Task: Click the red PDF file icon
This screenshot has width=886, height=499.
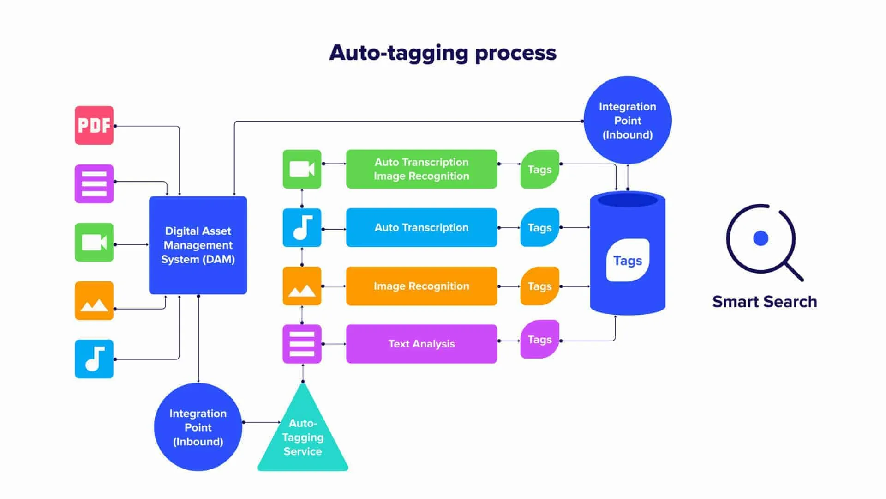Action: click(94, 125)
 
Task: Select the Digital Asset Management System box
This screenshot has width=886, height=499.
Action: click(198, 245)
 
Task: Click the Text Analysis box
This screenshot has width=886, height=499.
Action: click(421, 344)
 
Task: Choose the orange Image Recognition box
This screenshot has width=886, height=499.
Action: click(421, 286)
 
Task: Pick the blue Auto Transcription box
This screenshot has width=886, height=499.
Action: click(421, 227)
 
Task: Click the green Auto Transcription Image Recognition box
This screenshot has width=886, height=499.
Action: click(421, 169)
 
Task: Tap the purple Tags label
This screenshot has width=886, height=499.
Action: click(539, 340)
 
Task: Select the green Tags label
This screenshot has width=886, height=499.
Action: click(539, 169)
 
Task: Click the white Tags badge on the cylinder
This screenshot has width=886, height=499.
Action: click(628, 261)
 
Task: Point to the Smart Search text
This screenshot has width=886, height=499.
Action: click(765, 302)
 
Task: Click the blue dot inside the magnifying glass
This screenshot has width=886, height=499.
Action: click(760, 238)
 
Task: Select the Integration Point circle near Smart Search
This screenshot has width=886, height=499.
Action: click(628, 121)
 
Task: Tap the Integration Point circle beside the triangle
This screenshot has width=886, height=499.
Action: click(198, 427)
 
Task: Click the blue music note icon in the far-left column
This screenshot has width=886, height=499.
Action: click(94, 359)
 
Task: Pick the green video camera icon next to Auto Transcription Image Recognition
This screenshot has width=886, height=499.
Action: click(302, 169)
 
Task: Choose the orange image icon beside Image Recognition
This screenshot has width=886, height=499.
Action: click(302, 286)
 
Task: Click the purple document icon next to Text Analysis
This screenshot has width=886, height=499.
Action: click(302, 344)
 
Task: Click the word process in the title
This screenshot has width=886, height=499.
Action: click(515, 53)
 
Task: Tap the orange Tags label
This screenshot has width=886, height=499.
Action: click(539, 286)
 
